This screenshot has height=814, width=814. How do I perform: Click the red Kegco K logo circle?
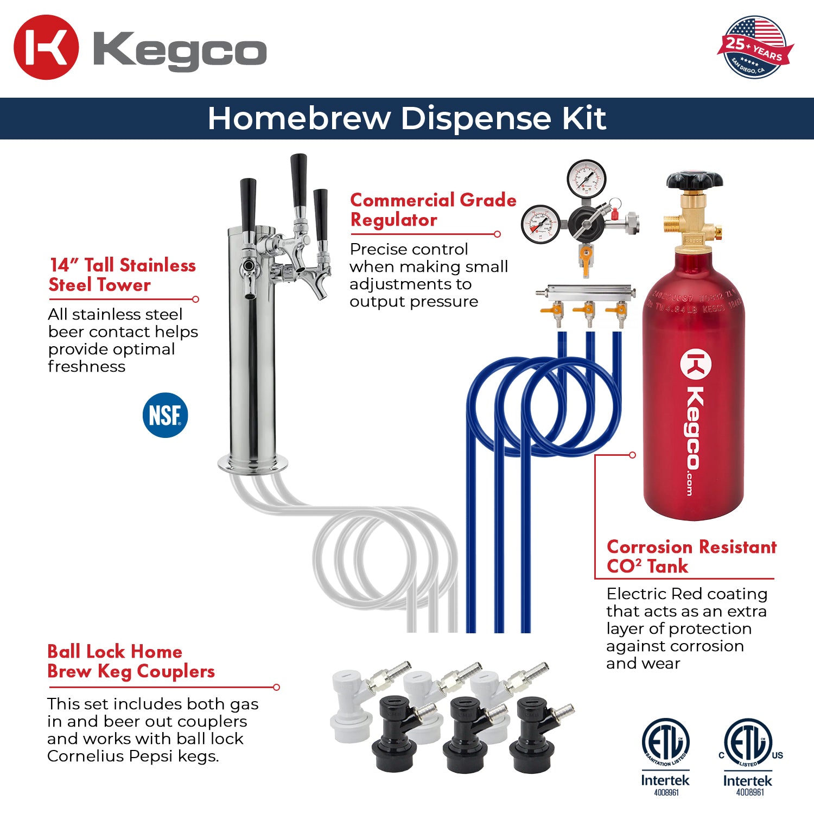click(46, 47)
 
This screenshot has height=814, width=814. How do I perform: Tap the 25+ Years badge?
click(755, 47)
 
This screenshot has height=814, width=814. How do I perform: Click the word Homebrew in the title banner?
click(298, 118)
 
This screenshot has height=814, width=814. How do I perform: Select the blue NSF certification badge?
click(165, 415)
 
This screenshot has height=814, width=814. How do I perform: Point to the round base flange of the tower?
click(253, 464)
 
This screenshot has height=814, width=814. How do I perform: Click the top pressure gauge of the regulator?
click(586, 177)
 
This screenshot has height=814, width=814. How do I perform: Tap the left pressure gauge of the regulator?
click(540, 224)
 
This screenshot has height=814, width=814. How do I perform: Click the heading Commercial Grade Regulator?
click(433, 210)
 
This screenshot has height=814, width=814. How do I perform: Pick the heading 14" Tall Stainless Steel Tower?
click(122, 275)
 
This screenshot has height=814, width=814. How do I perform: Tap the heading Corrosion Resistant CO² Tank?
click(691, 556)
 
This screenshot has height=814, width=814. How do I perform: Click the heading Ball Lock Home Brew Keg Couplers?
click(131, 662)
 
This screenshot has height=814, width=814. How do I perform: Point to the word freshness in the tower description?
click(87, 367)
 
